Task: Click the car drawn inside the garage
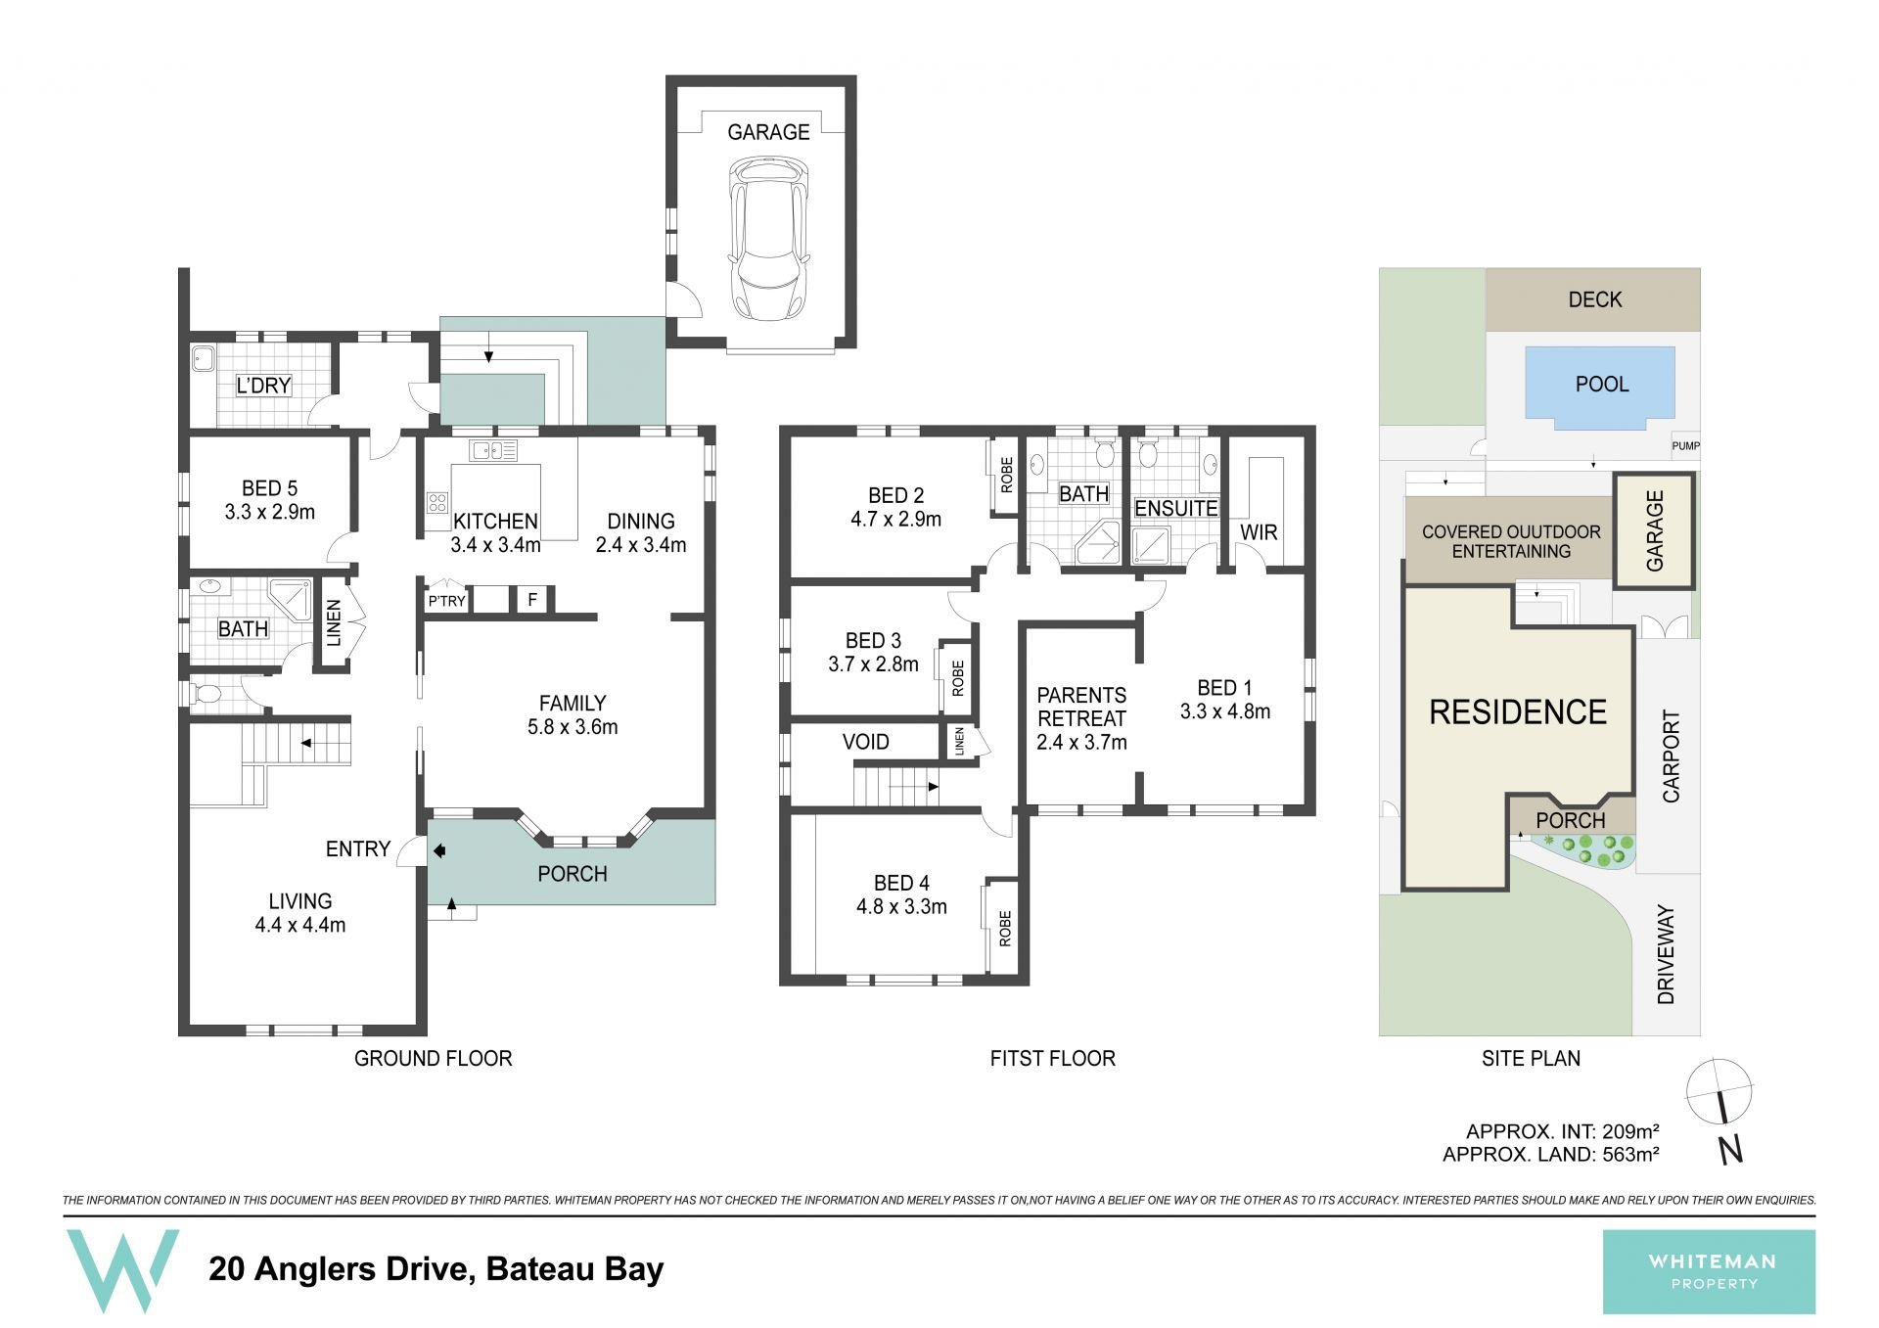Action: pyautogui.click(x=768, y=240)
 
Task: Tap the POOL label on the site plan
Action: pyautogui.click(x=1602, y=385)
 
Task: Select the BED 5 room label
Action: pyautogui.click(x=269, y=488)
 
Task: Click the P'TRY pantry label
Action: pyautogui.click(x=446, y=601)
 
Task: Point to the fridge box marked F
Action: pyautogui.click(x=532, y=599)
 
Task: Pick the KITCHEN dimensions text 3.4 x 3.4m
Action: pyautogui.click(x=495, y=545)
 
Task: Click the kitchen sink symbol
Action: pyautogui.click(x=493, y=451)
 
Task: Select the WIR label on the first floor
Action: pyautogui.click(x=1259, y=532)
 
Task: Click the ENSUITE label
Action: pyautogui.click(x=1175, y=509)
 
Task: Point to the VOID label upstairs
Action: pyautogui.click(x=866, y=742)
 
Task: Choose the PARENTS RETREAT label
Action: pyautogui.click(x=1081, y=707)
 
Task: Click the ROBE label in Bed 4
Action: pyautogui.click(x=1005, y=929)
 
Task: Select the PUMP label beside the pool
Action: pyautogui.click(x=1685, y=446)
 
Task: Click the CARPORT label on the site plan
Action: pyautogui.click(x=1671, y=756)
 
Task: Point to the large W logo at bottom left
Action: pyautogui.click(x=122, y=1269)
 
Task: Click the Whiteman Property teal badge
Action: pyautogui.click(x=1709, y=1271)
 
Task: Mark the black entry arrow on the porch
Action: pyautogui.click(x=439, y=851)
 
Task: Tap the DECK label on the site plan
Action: pyautogui.click(x=1595, y=299)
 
